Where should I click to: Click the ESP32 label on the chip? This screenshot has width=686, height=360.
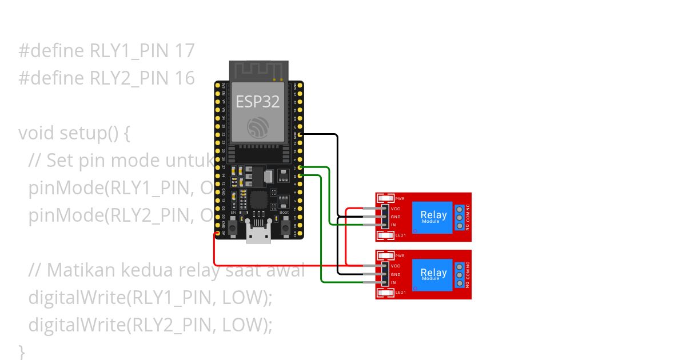tap(258, 102)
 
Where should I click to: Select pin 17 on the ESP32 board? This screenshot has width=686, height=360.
tap(300, 167)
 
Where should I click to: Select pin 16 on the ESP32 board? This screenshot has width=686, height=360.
tap(300, 175)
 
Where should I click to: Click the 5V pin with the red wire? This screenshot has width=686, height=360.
tap(218, 233)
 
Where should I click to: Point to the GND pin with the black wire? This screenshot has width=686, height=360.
tap(300, 134)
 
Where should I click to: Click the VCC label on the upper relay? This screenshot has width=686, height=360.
tap(396, 209)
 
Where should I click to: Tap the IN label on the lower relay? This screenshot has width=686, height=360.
tap(393, 283)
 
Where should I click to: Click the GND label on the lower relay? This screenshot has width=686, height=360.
tap(396, 274)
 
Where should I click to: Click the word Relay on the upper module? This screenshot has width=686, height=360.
tap(433, 215)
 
